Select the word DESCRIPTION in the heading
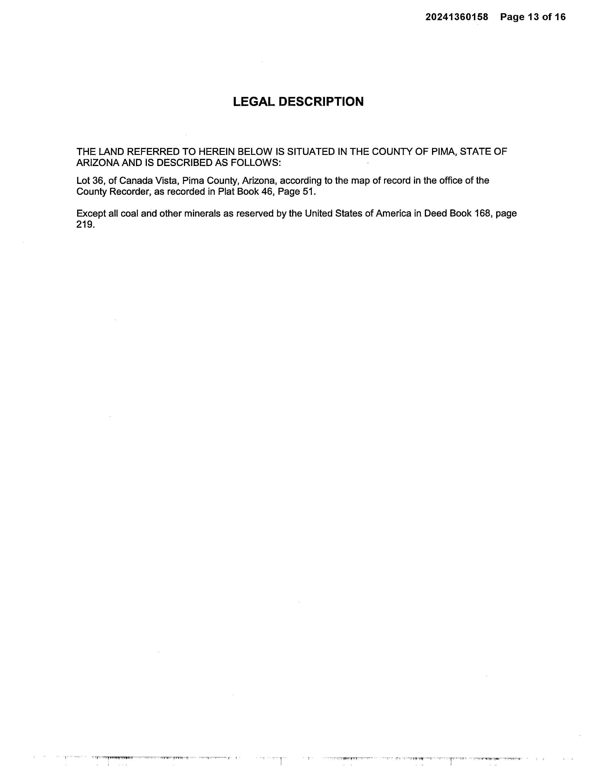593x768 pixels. point(321,102)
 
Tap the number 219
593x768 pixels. point(85,225)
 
